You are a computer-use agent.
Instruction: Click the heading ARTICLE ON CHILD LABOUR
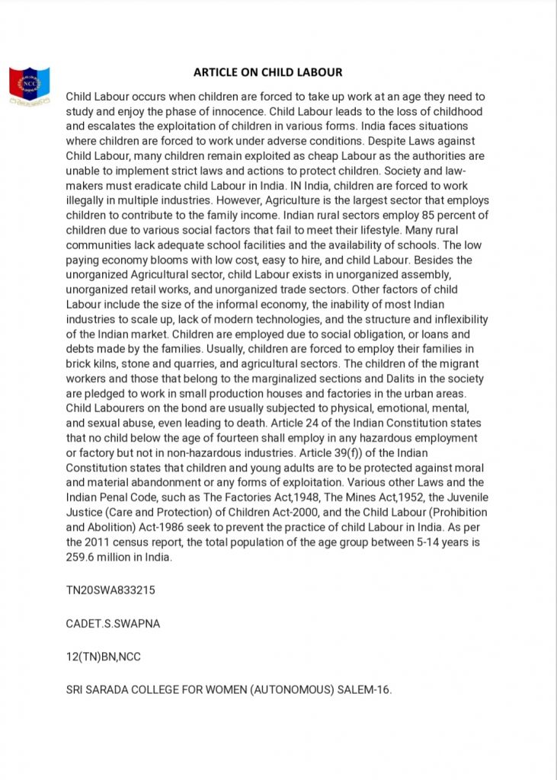point(267,72)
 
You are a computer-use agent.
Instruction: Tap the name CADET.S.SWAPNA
point(113,624)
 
